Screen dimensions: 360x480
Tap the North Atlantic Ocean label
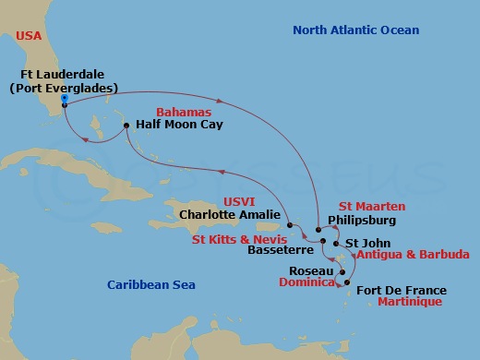(355, 30)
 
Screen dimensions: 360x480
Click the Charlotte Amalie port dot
(289, 224)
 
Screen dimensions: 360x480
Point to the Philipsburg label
(362, 222)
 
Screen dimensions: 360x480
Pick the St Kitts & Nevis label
(236, 237)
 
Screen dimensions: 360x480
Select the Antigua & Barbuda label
(413, 254)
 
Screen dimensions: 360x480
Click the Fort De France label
(397, 287)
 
